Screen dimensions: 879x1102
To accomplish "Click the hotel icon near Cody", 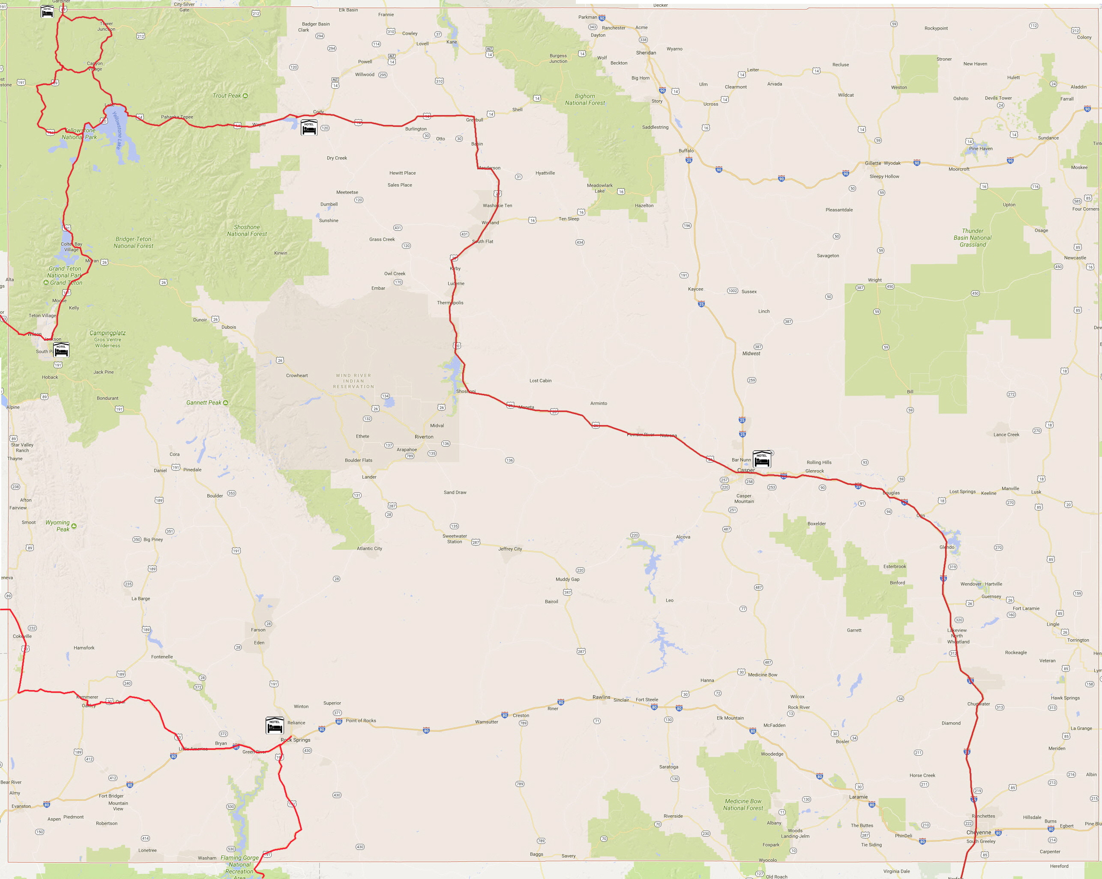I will (x=309, y=127).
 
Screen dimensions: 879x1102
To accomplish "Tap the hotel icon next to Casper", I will (x=761, y=459).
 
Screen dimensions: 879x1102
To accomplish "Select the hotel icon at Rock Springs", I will (x=275, y=725).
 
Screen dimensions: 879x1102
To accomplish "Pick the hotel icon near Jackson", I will (x=61, y=350).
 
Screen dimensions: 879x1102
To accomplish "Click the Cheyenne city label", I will (x=978, y=832).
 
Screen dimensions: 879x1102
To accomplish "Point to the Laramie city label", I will (x=858, y=797).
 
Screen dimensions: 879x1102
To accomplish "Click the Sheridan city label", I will (x=646, y=53).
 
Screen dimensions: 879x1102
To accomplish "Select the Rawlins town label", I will (x=601, y=697).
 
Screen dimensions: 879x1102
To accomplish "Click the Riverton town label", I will (x=424, y=437).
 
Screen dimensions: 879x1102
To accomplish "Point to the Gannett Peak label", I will (x=204, y=402).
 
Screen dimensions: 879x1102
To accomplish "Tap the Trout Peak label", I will (x=227, y=95).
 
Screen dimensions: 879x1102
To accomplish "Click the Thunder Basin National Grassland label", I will (x=972, y=238).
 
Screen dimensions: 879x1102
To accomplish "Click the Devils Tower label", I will (x=998, y=98).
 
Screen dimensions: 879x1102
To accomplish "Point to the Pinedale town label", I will (x=192, y=470).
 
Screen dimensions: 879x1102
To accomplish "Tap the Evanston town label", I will (x=21, y=806).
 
